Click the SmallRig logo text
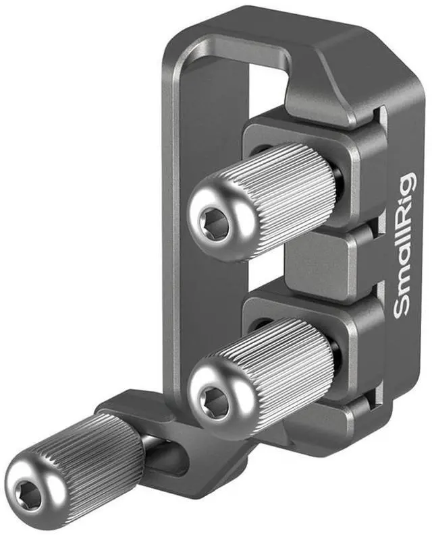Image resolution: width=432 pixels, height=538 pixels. [x=405, y=245]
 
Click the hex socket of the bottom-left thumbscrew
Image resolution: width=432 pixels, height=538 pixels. [x=25, y=495]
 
